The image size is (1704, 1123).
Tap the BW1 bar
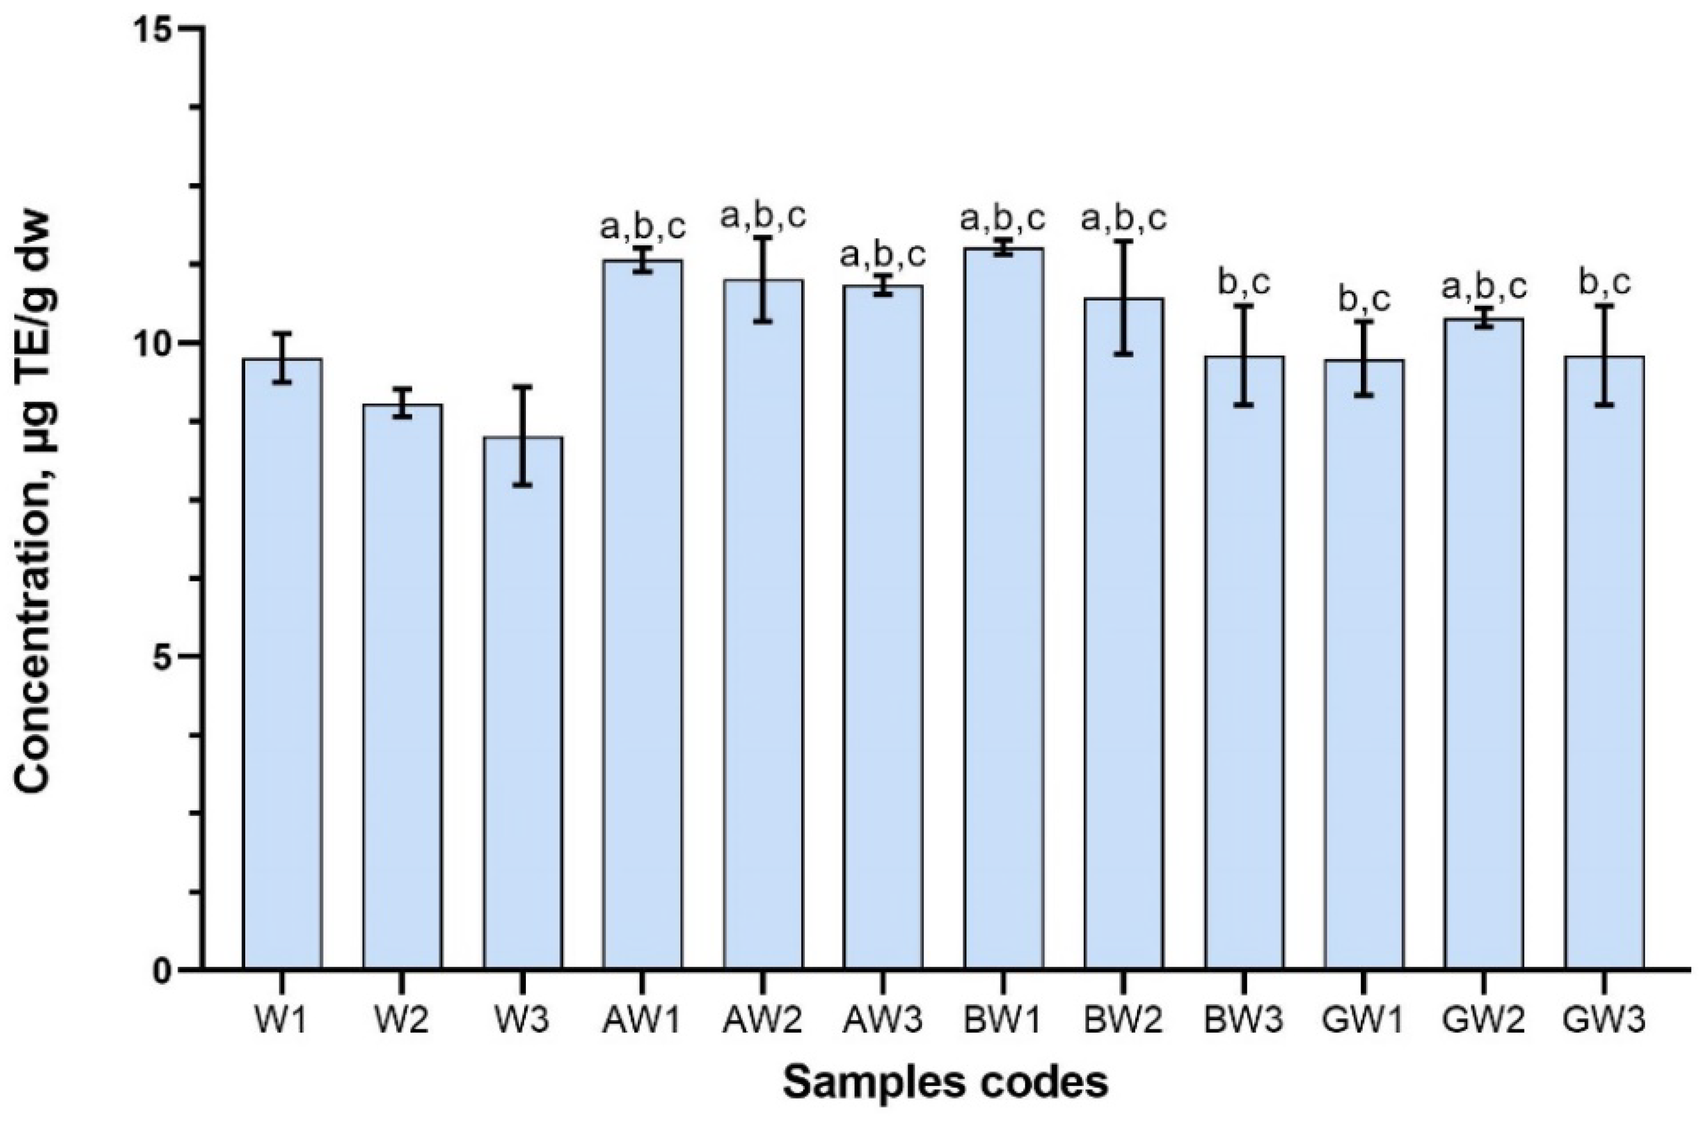(1003, 609)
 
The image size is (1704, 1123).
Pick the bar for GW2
(1483, 644)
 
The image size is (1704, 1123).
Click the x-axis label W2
(402, 1021)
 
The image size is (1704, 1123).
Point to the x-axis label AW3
(883, 1021)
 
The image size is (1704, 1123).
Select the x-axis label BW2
(1123, 1021)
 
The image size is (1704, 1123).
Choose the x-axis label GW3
(1604, 1021)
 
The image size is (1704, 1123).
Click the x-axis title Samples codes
(945, 1084)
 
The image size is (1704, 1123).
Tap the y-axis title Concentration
(36, 501)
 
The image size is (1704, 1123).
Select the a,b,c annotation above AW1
(643, 227)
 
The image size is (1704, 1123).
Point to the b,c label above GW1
(1364, 301)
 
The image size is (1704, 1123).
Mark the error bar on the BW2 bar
(1123, 297)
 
